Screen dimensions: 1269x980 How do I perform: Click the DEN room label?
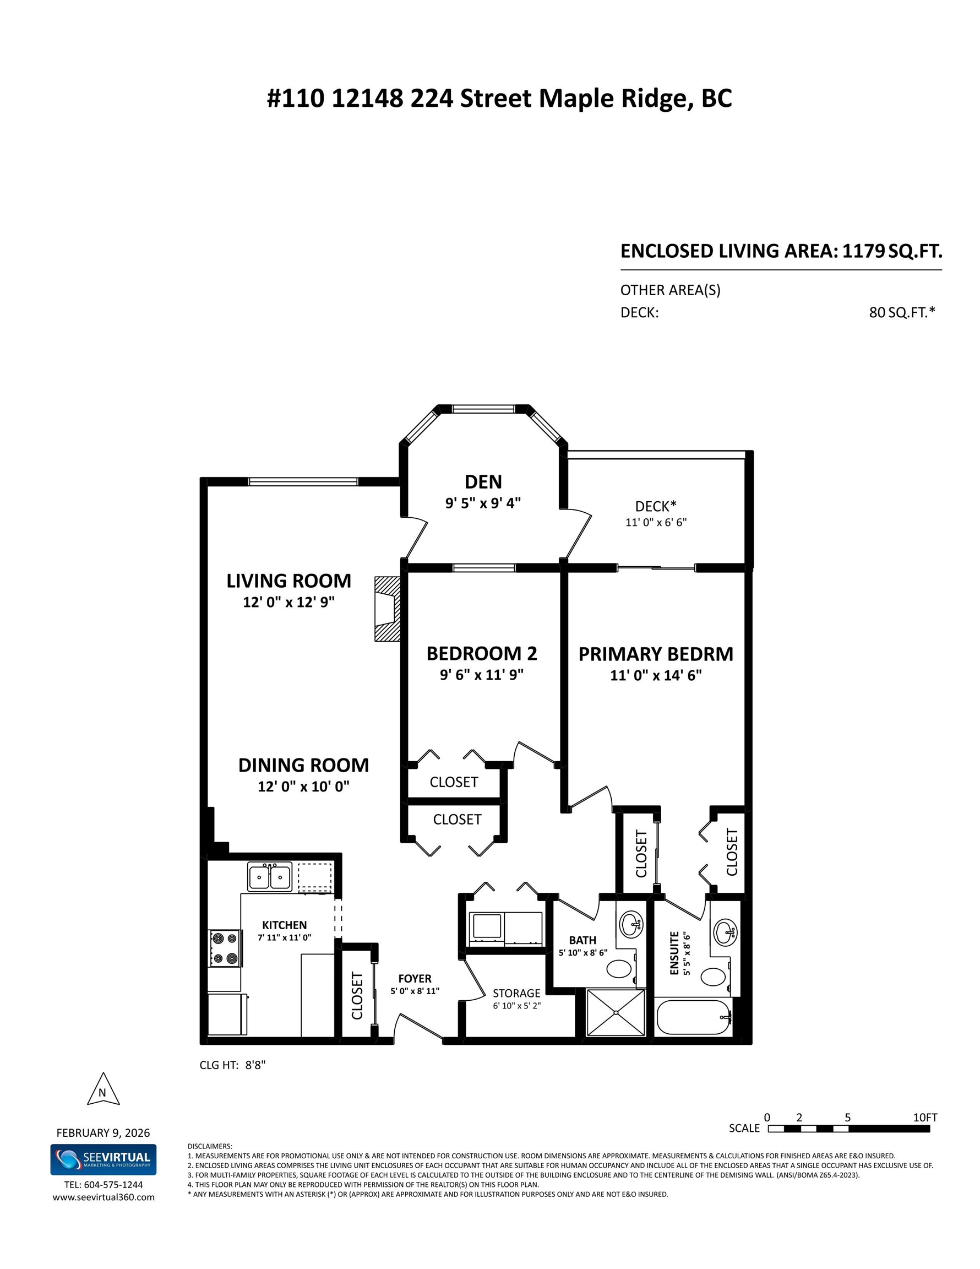point(483,482)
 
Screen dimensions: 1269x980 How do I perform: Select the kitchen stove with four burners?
point(225,948)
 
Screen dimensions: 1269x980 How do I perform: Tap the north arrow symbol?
point(103,1091)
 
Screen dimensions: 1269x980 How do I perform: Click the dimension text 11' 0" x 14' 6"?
point(656,675)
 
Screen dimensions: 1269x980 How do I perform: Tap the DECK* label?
point(656,506)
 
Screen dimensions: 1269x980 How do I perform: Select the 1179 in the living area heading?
point(864,251)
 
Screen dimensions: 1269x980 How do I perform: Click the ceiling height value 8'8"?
point(255,1065)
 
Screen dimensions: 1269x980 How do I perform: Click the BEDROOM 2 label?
point(482,654)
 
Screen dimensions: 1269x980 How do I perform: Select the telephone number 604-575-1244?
point(113,1185)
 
